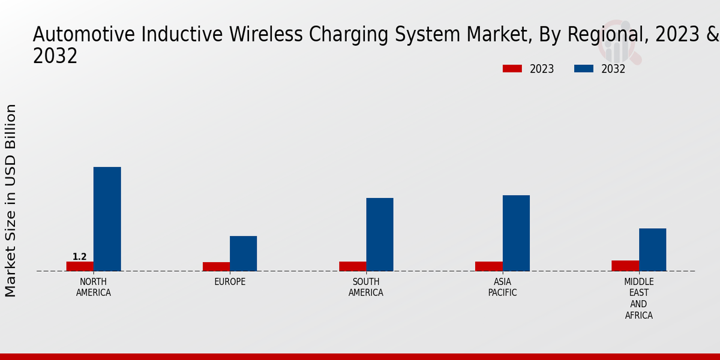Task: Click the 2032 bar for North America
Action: coord(107,219)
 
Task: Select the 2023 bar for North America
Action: coord(80,266)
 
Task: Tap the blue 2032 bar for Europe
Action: coord(243,253)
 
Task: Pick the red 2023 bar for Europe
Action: coord(216,266)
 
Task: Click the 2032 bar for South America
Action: coord(379,235)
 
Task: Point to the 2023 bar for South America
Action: coord(352,266)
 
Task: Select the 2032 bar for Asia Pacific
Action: coord(516,233)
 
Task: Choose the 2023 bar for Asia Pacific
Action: coord(488,266)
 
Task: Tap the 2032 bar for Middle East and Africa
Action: coord(652,250)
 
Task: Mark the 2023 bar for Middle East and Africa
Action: coord(625,266)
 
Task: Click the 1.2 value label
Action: coord(80,257)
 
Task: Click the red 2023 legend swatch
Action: coord(512,69)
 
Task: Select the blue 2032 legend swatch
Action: coord(584,69)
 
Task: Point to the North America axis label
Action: coord(94,287)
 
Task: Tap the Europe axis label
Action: coord(230,282)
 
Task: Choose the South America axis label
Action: coord(366,287)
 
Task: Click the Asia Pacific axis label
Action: coord(502,287)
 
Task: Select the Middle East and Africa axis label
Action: coord(639,298)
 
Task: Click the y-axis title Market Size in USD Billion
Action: coord(11,200)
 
